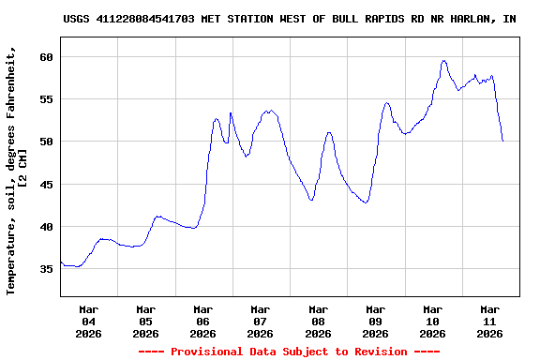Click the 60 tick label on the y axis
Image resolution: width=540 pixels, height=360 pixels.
coord(46,57)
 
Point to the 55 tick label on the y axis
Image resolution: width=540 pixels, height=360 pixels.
coord(46,99)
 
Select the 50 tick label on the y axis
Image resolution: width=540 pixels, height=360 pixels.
coord(46,142)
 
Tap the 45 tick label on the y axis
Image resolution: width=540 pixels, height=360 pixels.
coord(46,185)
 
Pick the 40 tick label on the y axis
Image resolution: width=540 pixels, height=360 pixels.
coord(46,227)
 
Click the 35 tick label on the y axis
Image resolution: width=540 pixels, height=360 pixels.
coord(46,269)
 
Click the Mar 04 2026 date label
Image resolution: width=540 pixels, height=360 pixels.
coord(89,321)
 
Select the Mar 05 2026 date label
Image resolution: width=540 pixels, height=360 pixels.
coord(146,321)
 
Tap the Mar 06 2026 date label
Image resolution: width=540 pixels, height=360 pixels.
coord(203,321)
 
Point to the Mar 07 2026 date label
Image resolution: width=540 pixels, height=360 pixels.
coord(261,321)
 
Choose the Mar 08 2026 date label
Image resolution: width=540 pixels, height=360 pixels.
coord(318,321)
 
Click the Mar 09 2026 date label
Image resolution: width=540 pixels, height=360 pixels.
coord(375,321)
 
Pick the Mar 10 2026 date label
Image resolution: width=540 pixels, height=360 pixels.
coord(432,321)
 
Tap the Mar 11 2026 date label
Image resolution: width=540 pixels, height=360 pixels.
coord(489,321)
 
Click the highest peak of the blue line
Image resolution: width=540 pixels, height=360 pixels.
coord(443,61)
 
